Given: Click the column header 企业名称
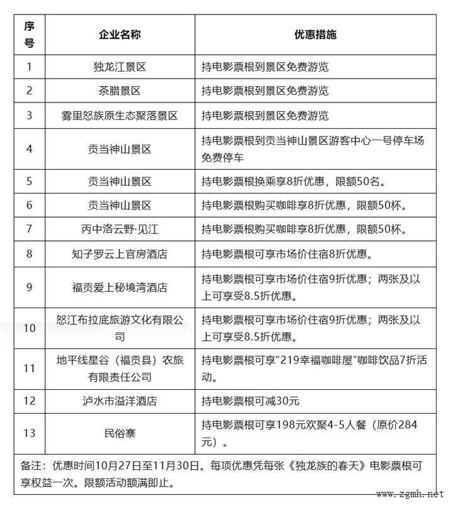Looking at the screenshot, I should click(120, 35).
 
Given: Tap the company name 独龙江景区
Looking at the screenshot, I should click(120, 65).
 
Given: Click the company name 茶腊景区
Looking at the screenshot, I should click(120, 91).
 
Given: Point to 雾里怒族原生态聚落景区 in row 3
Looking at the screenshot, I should click(120, 116).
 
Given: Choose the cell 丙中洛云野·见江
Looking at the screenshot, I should click(120, 228).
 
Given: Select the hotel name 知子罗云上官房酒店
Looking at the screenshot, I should click(120, 254).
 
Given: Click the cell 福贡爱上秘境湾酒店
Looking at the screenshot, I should click(120, 287).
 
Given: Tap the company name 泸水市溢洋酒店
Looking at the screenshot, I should click(120, 401).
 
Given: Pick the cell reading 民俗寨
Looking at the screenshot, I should click(120, 433).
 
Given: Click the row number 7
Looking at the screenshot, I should click(29, 228).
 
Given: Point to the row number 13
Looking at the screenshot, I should click(29, 433).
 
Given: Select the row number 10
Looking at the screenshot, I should click(29, 328).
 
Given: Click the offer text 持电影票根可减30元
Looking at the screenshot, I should click(250, 401).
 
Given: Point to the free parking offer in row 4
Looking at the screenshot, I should click(313, 148).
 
